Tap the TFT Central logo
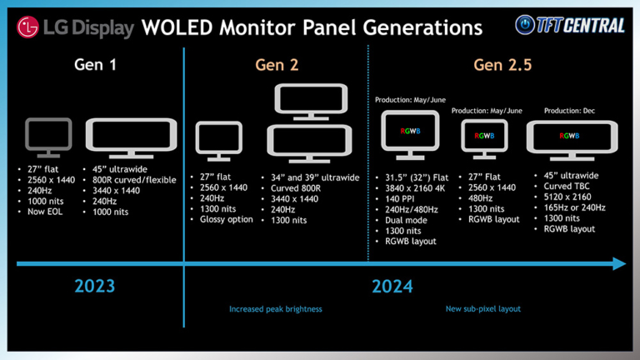point(570,25)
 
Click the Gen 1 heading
point(94,64)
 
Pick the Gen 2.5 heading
point(502,64)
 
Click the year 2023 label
point(94,287)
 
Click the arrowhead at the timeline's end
point(618,263)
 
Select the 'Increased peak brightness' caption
point(275,309)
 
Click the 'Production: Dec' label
point(570,111)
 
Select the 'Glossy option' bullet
point(226,220)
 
